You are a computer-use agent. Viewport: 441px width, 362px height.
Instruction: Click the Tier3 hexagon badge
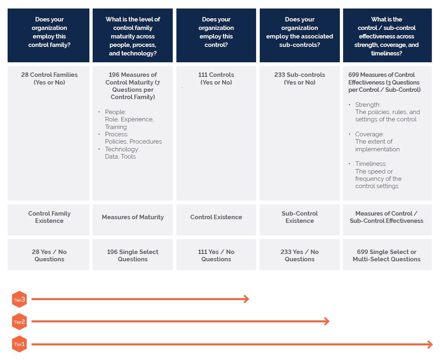click(x=19, y=299)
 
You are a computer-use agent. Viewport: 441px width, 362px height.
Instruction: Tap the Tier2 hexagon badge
click(x=19, y=322)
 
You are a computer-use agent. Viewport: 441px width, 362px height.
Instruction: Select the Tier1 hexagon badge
click(x=19, y=344)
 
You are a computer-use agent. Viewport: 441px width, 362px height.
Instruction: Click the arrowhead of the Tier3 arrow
click(x=246, y=299)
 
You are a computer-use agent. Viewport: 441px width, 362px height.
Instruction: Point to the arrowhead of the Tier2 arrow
click(x=327, y=321)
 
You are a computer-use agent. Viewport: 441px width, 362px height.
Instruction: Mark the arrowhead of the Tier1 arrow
click(x=430, y=344)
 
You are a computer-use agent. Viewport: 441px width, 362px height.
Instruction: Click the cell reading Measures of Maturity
click(x=133, y=220)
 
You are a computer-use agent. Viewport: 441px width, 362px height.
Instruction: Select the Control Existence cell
click(x=216, y=220)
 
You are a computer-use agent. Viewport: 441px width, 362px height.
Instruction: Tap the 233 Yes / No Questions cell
click(x=299, y=254)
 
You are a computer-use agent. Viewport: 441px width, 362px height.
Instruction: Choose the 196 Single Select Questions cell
click(x=133, y=254)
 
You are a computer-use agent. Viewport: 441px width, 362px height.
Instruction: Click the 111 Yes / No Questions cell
click(x=216, y=254)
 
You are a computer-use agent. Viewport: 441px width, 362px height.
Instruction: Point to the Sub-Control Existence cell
click(x=299, y=220)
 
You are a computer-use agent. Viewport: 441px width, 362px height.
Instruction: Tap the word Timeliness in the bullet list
click(x=371, y=164)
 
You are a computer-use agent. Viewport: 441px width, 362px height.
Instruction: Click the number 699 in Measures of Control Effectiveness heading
click(x=354, y=75)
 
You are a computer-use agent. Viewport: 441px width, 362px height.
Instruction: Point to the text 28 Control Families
click(x=49, y=75)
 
